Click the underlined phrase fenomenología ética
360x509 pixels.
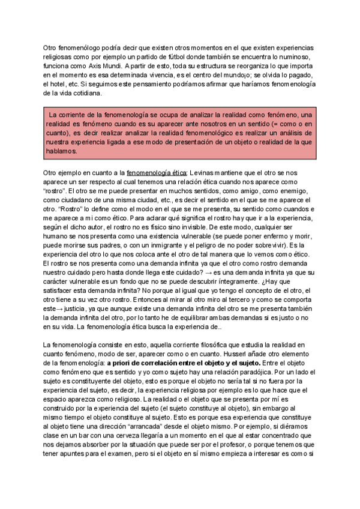157,172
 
